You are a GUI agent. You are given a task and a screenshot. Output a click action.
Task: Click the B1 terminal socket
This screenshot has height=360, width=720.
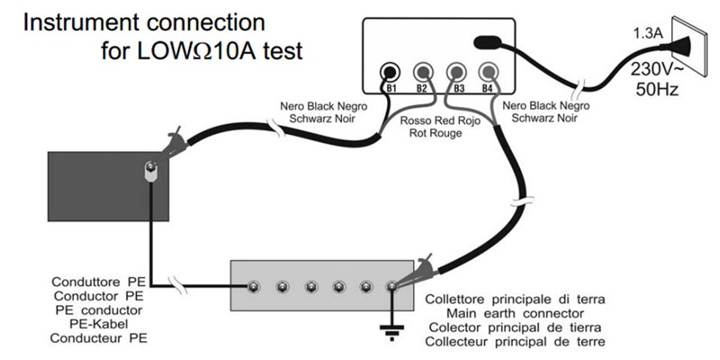[x=391, y=71]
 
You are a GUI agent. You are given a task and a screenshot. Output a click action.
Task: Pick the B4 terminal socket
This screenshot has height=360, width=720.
[x=489, y=71]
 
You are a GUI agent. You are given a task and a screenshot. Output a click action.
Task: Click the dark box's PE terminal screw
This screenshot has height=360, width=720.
[x=150, y=169]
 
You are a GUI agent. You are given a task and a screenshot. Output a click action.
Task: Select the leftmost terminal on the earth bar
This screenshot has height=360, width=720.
[x=256, y=287]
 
